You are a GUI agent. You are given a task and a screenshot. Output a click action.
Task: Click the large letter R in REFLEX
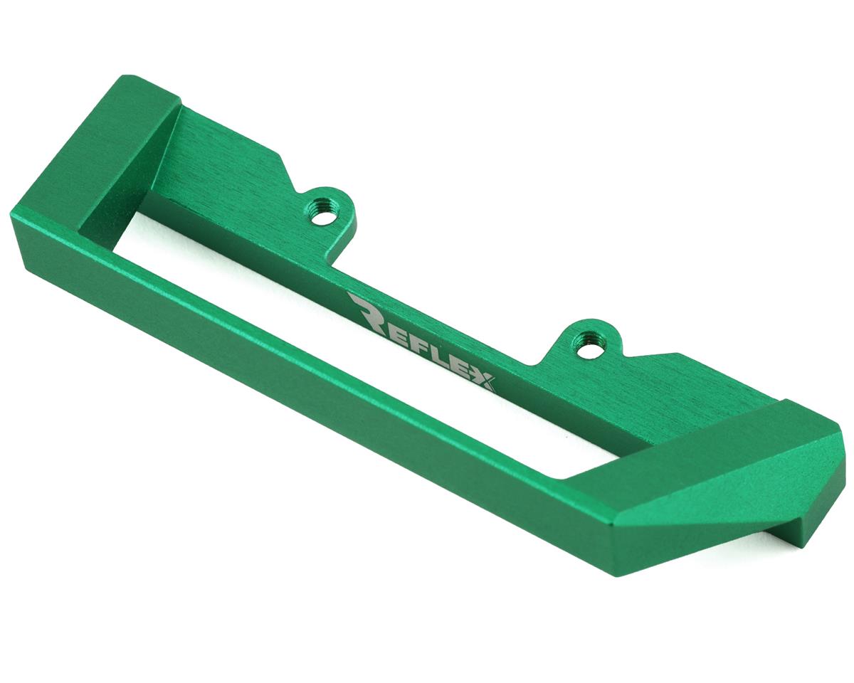(x=367, y=311)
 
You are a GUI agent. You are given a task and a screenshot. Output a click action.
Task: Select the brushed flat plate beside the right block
(x=683, y=388)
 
